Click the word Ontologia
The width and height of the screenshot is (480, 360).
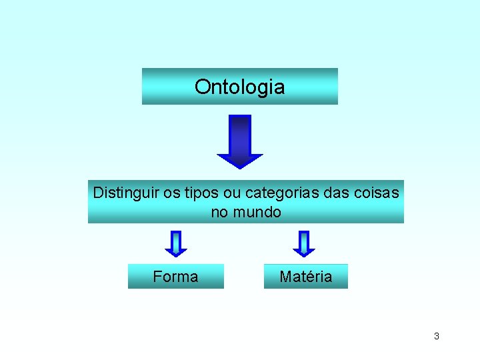pos(239,87)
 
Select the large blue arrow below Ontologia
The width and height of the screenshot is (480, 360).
pos(240,140)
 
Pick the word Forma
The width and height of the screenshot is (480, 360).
pos(175,277)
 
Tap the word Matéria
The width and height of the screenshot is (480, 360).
pos(305,277)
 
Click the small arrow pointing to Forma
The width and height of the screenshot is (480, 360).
pos(176,243)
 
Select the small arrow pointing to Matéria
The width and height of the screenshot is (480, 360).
pos(304,243)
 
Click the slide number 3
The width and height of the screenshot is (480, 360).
pos(437,336)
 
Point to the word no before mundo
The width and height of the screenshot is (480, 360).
pos(219,213)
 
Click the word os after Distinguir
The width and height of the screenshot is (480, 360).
pos(172,193)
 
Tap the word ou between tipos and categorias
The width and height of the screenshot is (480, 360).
pos(233,193)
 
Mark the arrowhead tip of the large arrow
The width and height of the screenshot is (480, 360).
pos(240,167)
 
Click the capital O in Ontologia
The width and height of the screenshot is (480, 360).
pos(201,87)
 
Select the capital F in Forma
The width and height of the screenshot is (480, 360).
pos(157,277)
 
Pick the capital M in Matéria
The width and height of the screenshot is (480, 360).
pos(285,277)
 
